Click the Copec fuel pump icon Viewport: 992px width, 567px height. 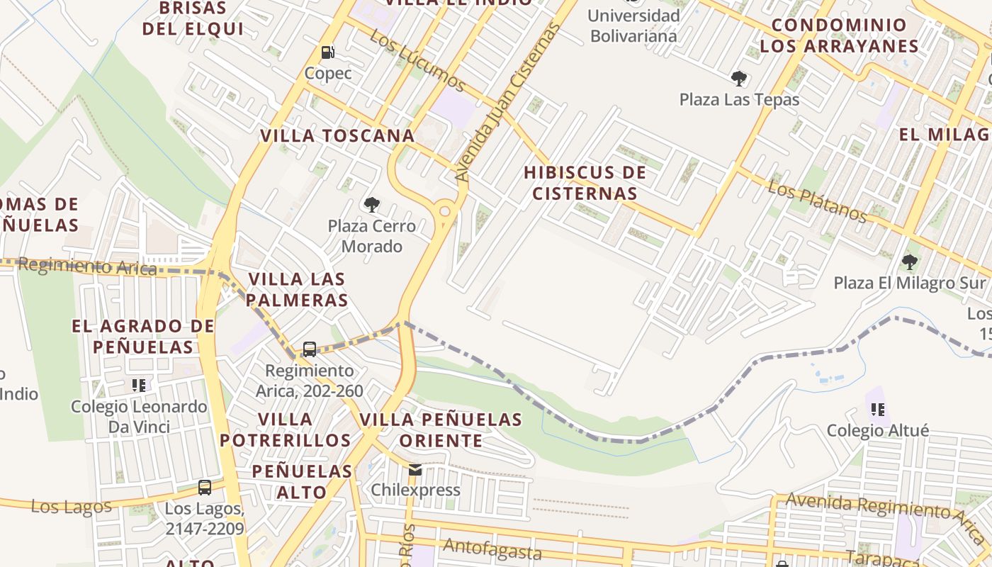click(x=327, y=52)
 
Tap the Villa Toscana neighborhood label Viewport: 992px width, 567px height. click(x=337, y=136)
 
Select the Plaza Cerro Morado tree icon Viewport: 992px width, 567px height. click(x=371, y=206)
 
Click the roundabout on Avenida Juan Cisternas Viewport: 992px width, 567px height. click(x=445, y=210)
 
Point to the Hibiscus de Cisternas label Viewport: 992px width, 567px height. click(x=585, y=183)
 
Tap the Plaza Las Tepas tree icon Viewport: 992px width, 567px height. click(x=739, y=78)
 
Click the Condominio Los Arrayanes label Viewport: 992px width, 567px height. click(x=839, y=35)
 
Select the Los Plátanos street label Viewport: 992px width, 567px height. click(x=817, y=202)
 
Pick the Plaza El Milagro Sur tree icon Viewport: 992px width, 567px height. click(x=910, y=262)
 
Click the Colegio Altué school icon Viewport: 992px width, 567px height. click(x=878, y=409)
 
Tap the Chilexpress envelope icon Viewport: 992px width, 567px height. click(x=415, y=469)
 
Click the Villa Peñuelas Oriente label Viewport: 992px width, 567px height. click(x=441, y=430)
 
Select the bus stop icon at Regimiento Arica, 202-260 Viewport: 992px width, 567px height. click(x=310, y=349)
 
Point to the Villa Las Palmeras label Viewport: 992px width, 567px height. click(x=298, y=289)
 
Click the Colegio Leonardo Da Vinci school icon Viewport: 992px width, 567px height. click(x=139, y=386)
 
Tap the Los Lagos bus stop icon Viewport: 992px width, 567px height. click(x=205, y=488)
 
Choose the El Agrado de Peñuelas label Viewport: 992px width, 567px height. click(x=142, y=337)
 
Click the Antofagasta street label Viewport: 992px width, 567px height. click(x=492, y=549)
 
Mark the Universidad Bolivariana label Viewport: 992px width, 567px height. click(x=633, y=26)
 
